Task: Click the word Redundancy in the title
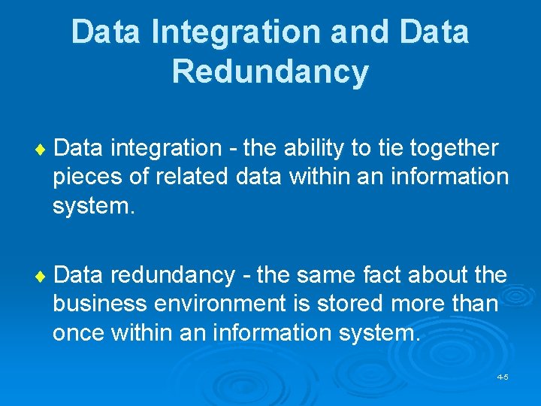[x=270, y=71]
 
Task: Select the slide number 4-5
[x=503, y=376]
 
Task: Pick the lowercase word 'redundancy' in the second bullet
[x=173, y=276]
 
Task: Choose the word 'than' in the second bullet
[x=476, y=304]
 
